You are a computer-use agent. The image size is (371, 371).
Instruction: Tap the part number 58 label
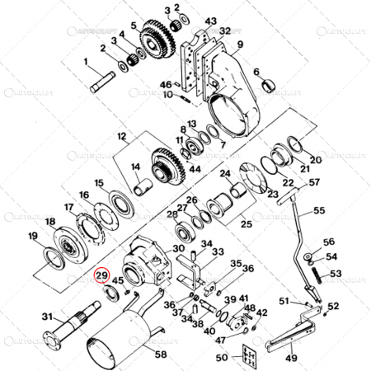point(159,355)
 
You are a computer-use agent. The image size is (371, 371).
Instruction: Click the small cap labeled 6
point(268,85)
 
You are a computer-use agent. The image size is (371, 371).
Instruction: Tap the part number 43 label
point(211,20)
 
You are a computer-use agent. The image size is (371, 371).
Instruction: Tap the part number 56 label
point(329,242)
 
